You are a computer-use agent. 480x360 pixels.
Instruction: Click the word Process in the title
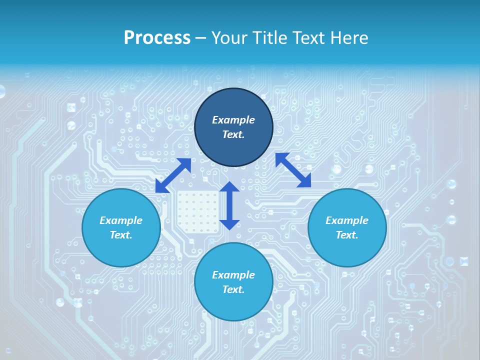coord(157,38)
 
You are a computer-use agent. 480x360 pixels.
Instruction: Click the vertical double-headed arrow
coord(229,205)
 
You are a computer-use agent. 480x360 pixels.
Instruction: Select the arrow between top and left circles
coord(173,175)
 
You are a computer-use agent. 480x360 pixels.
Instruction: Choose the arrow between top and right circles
coord(293,170)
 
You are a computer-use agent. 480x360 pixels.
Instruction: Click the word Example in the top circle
coord(233,120)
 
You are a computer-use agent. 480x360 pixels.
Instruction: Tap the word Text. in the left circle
coord(121,235)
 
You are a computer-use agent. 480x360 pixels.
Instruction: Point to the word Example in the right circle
coord(347,220)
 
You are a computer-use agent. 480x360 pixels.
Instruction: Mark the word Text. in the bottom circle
coord(233,289)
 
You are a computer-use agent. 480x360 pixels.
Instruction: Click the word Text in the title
coord(307,38)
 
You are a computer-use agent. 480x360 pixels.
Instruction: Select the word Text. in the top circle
coord(233,134)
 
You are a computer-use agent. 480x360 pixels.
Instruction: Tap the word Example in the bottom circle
coord(233,275)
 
